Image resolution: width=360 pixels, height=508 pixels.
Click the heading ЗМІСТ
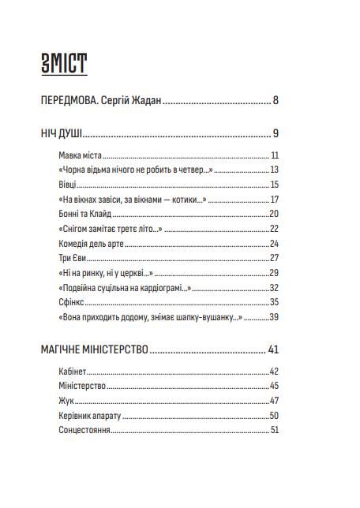click(x=63, y=64)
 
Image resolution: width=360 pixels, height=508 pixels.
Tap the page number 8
click(x=276, y=100)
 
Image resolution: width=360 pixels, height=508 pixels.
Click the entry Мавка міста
click(x=81, y=155)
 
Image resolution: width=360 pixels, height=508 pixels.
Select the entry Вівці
click(x=69, y=185)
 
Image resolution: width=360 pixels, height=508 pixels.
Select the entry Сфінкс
click(x=71, y=302)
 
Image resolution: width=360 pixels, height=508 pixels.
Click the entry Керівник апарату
click(x=90, y=415)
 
